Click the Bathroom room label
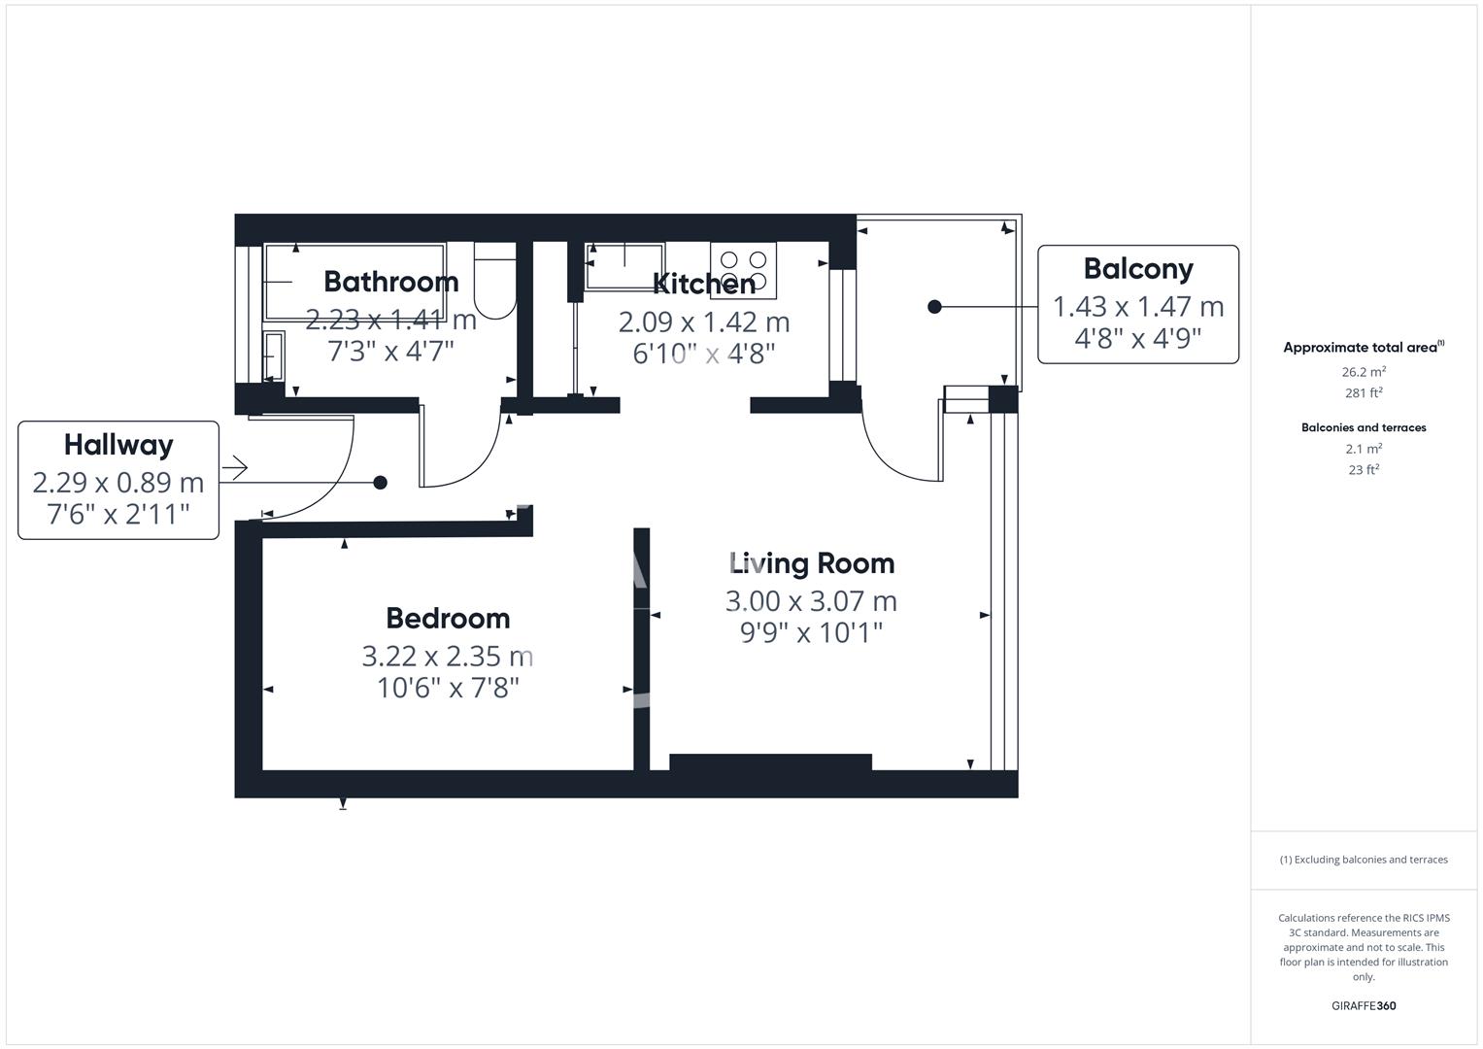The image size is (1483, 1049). point(390,282)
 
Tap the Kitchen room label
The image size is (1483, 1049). point(704,284)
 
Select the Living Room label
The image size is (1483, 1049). point(811,563)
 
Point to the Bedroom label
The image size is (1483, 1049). point(448,618)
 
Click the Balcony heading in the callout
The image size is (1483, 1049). point(1138,269)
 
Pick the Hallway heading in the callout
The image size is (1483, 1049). point(118,445)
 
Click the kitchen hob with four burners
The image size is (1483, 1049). point(743,270)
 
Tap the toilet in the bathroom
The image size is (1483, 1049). point(494,282)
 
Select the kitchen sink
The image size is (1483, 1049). point(624,265)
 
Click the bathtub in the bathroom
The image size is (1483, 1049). point(354,282)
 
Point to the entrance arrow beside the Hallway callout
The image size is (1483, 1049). point(235,469)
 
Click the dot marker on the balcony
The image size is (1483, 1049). point(934,307)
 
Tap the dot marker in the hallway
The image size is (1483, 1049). point(381,483)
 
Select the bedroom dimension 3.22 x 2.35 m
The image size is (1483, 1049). point(448,657)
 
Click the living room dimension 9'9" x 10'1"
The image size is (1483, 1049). point(811,633)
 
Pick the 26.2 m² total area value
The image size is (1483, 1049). point(1364,372)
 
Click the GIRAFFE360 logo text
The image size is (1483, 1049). point(1364,1005)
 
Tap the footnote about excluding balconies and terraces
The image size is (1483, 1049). point(1364,860)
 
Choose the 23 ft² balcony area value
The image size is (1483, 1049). point(1364,470)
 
